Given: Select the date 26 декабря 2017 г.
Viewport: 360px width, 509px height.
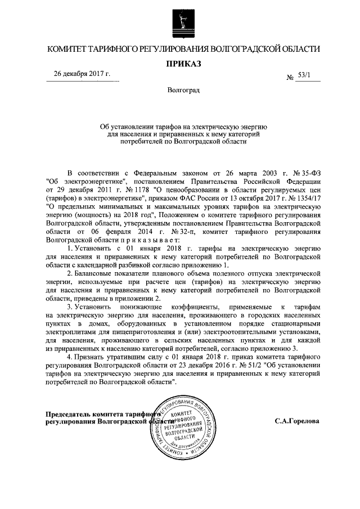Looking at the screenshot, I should click(x=82, y=74).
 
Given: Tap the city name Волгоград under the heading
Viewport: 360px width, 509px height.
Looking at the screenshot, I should click(x=183, y=90).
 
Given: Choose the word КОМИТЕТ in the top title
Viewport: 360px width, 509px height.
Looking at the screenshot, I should click(x=67, y=49).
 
